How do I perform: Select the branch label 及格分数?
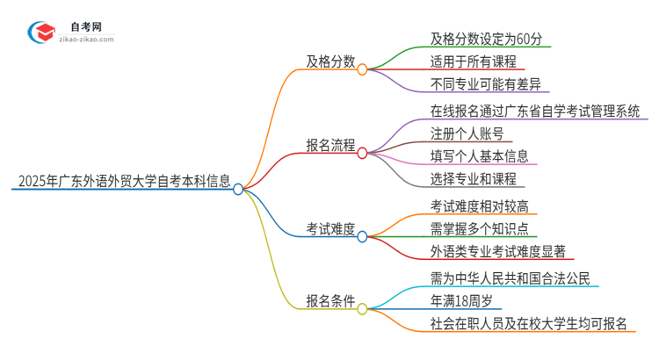click(330, 62)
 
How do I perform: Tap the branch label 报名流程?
click(330, 147)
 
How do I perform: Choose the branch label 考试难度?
click(330, 229)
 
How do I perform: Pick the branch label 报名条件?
click(330, 300)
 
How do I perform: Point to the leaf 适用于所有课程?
click(472, 62)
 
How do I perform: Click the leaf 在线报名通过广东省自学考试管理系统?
click(534, 111)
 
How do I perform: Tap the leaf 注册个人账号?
click(467, 133)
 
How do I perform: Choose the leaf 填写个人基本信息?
click(479, 156)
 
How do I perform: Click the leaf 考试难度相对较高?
click(479, 206)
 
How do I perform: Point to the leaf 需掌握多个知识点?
click(479, 229)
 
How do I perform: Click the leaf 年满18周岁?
click(466, 301)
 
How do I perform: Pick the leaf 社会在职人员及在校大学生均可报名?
click(528, 324)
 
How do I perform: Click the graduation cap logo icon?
click(41, 32)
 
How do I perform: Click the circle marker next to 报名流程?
click(362, 152)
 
